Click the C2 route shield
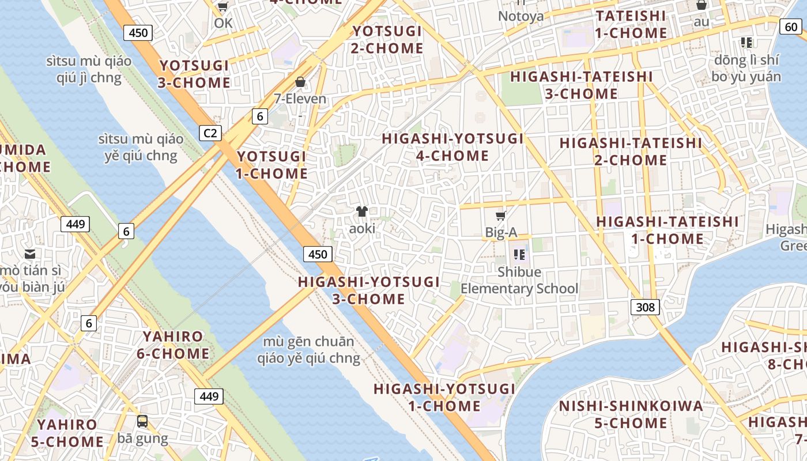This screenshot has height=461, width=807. pos(211,134)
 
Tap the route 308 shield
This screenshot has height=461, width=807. pos(645,307)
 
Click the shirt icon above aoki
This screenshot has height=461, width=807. pos(362,211)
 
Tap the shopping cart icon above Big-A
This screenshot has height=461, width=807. pos(501,216)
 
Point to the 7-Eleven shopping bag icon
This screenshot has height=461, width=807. pos(300,82)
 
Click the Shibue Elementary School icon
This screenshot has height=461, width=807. pos(519,254)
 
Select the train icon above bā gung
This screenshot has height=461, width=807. pos(142,421)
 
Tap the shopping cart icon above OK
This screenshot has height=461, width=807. pos(223,6)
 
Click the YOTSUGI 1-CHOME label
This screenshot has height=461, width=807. pos(271,165)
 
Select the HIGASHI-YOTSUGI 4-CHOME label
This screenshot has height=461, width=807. pos(452,147)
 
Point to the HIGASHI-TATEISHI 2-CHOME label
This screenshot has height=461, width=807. pos(631,151)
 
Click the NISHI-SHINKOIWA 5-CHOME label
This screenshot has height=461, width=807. pos(631,414)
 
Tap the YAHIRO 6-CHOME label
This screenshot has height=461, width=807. pos(173,345)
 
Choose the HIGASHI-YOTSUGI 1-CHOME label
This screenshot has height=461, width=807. pos(444,397)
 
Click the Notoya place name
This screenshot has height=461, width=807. pos(521,16)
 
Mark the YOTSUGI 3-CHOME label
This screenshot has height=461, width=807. pos(194,74)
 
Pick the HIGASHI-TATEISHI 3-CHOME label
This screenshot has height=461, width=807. pos(581,85)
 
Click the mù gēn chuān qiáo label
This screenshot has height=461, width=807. pos(308,350)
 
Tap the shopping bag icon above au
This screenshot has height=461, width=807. pos(702,5)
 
